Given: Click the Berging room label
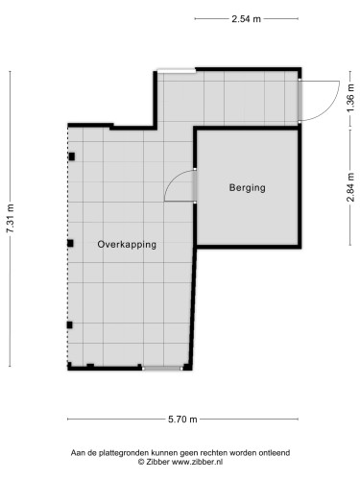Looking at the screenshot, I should click(x=247, y=188).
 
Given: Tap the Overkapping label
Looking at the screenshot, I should click(x=127, y=245).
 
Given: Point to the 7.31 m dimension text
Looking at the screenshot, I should click(x=11, y=219).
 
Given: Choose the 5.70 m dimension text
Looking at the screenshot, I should click(x=180, y=419).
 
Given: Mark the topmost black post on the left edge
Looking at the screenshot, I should click(x=71, y=156).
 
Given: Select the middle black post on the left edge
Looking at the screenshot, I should click(x=70, y=243).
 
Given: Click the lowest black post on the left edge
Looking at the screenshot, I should click(x=70, y=324).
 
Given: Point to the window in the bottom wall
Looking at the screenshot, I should click(x=160, y=368).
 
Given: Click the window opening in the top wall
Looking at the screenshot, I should click(x=177, y=68).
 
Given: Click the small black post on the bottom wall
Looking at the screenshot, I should click(x=90, y=366).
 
